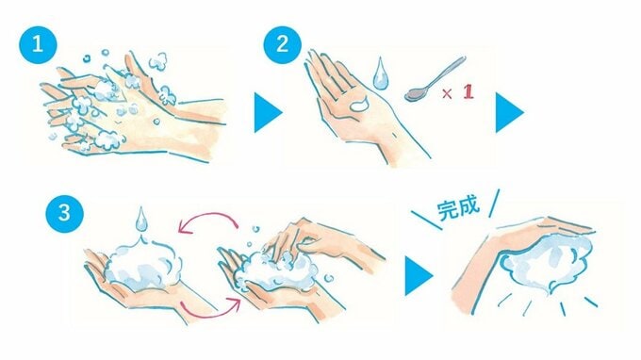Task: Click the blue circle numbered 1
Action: click(x=38, y=44)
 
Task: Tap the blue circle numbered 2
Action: click(x=283, y=44)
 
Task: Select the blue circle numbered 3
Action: click(x=65, y=213)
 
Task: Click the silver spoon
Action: click(x=435, y=79)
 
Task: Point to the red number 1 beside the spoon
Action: click(x=468, y=92)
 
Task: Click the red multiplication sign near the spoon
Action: click(x=447, y=94)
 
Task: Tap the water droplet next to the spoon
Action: click(x=380, y=74)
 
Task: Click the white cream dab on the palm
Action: click(x=360, y=105)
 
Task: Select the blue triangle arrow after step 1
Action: click(x=268, y=112)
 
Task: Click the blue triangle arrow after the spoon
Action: click(x=509, y=112)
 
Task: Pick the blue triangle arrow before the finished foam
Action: click(x=419, y=276)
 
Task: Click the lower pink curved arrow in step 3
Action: click(x=209, y=312)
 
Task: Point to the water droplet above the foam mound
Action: click(x=141, y=220)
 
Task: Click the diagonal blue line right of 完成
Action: click(x=494, y=203)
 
